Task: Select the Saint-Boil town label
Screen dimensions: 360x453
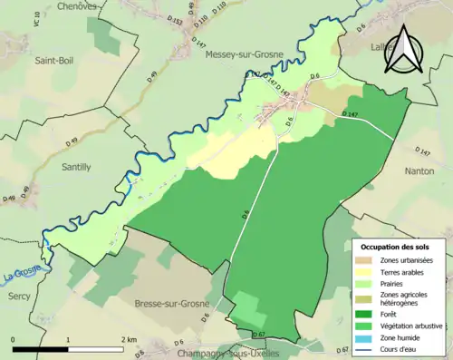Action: (x=54, y=61)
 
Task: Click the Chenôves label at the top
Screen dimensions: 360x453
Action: (x=76, y=6)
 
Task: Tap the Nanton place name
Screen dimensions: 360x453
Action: (x=426, y=170)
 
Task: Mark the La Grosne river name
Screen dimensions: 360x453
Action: (x=22, y=276)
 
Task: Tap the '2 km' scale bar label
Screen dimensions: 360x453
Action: (x=130, y=339)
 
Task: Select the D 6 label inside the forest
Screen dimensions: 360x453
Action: (x=245, y=215)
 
